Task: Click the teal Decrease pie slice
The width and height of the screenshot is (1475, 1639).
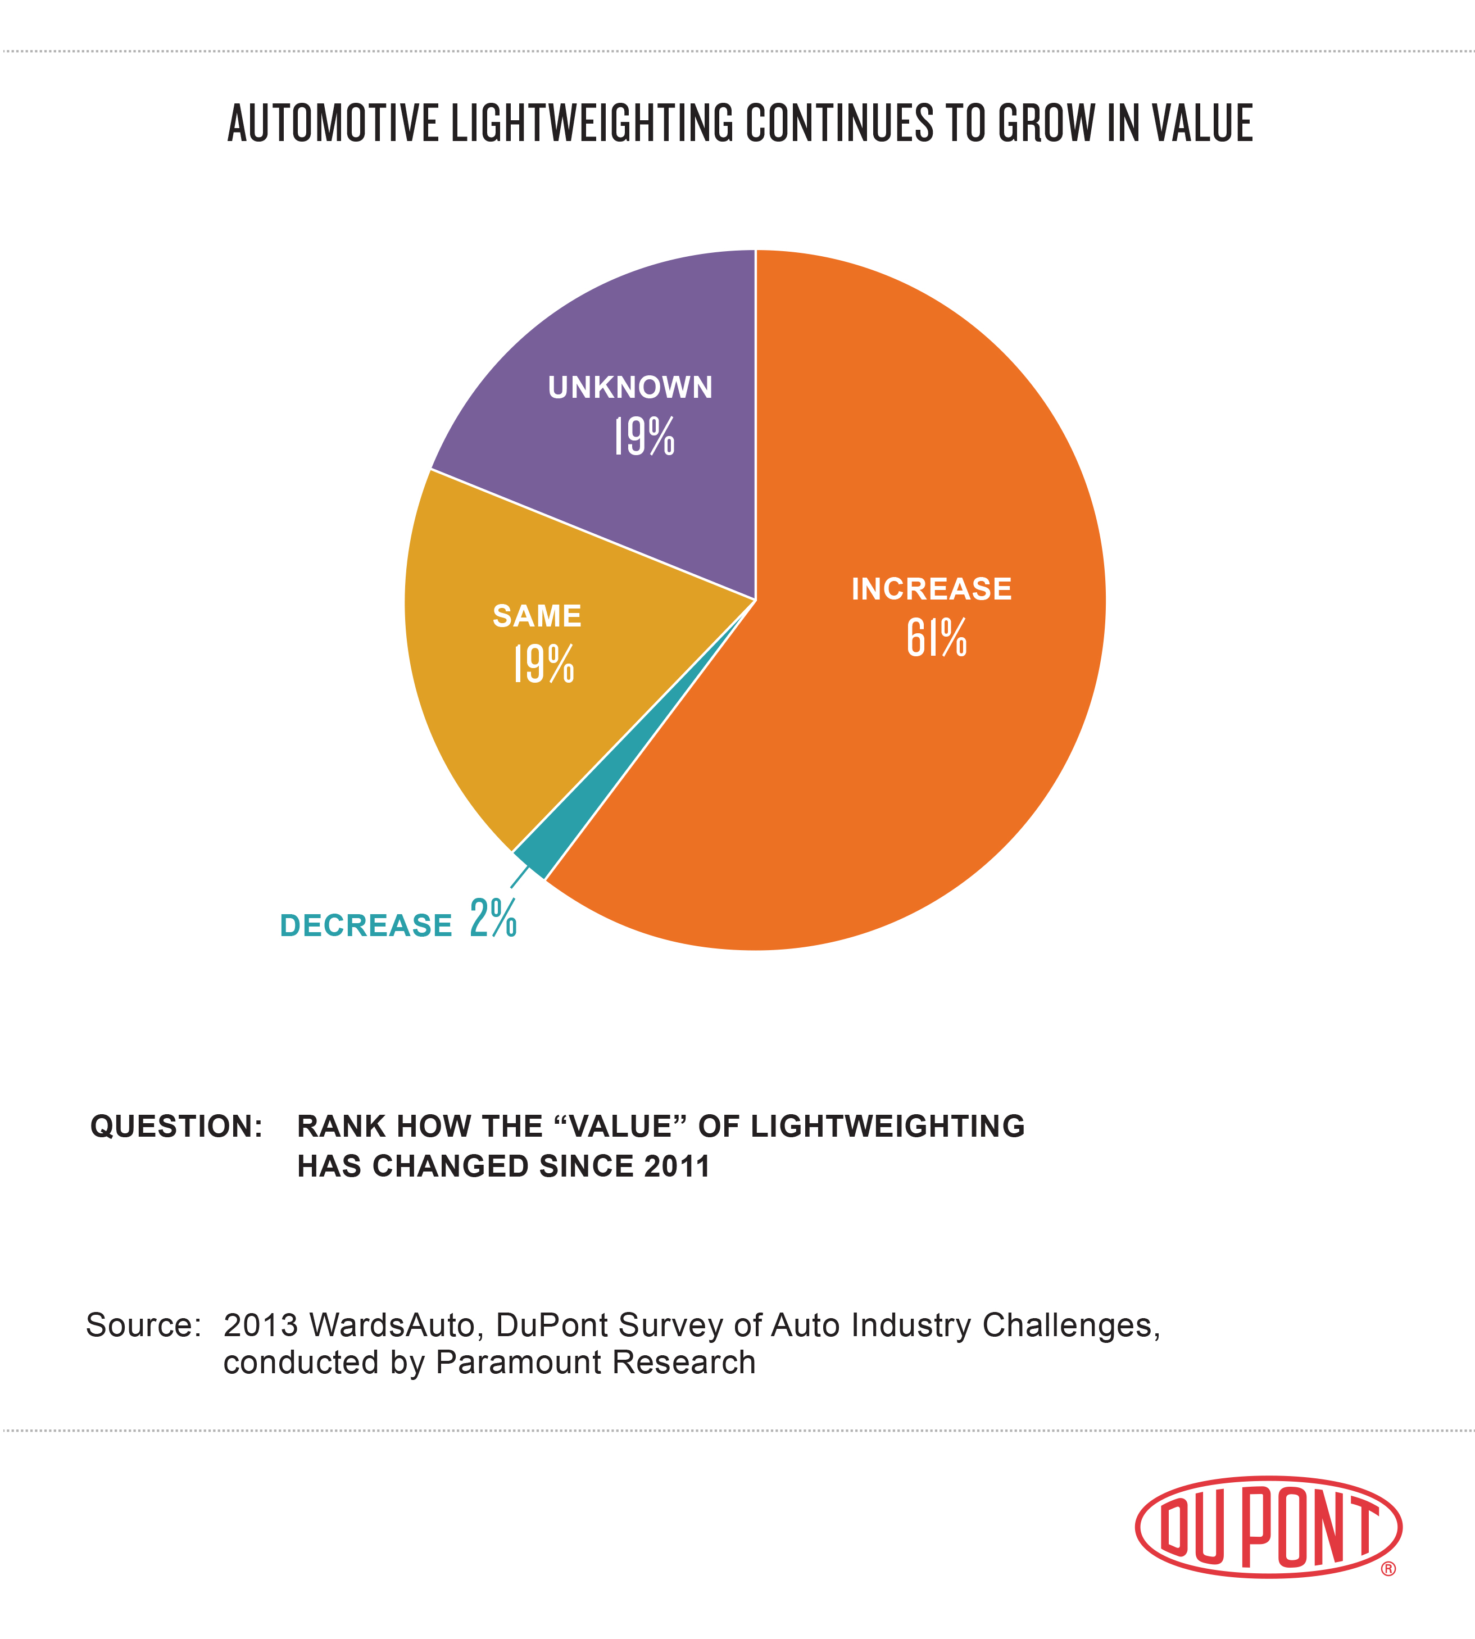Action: pos(535,859)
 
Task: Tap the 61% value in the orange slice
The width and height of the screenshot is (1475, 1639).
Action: pos(936,638)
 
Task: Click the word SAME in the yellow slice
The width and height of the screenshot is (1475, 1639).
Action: pos(537,616)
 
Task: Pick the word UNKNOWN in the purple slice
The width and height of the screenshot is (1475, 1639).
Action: pos(630,387)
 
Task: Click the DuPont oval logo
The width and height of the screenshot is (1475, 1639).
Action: pos(1268,1527)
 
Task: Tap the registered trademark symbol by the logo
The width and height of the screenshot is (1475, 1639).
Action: pos(1388,1569)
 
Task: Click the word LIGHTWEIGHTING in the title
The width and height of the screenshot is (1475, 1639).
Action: pos(592,124)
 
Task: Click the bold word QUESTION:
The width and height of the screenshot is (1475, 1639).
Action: pos(176,1126)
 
